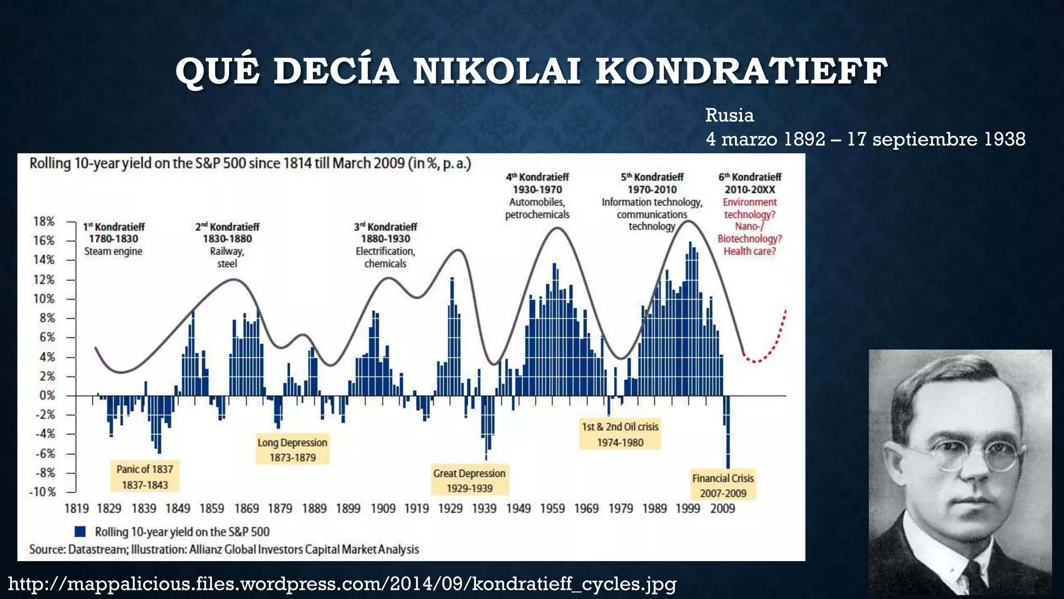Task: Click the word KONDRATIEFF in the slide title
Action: click(x=741, y=71)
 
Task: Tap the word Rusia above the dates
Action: click(x=729, y=115)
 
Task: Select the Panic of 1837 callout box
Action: click(x=145, y=476)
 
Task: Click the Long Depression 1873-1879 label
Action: click(x=292, y=449)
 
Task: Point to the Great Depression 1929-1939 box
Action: click(x=470, y=480)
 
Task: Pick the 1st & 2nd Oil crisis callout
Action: click(x=620, y=434)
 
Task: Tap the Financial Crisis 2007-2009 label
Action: click(x=723, y=485)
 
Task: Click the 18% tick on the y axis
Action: click(x=44, y=222)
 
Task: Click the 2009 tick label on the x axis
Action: click(x=722, y=509)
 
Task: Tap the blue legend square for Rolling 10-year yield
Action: click(x=80, y=531)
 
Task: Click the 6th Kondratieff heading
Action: click(x=750, y=177)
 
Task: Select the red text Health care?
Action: click(x=750, y=251)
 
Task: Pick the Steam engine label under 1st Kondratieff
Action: click(x=113, y=251)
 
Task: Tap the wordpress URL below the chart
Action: click(x=342, y=584)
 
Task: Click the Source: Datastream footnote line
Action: click(x=224, y=550)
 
